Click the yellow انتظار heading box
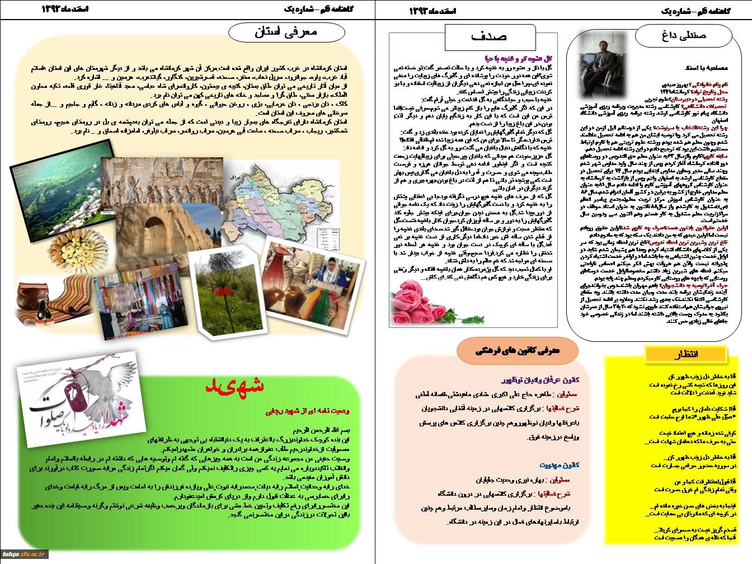coord(686,354)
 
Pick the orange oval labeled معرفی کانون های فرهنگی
coord(518,351)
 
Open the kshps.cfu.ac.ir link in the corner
coord(25,554)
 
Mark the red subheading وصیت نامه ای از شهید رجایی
coord(308,411)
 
